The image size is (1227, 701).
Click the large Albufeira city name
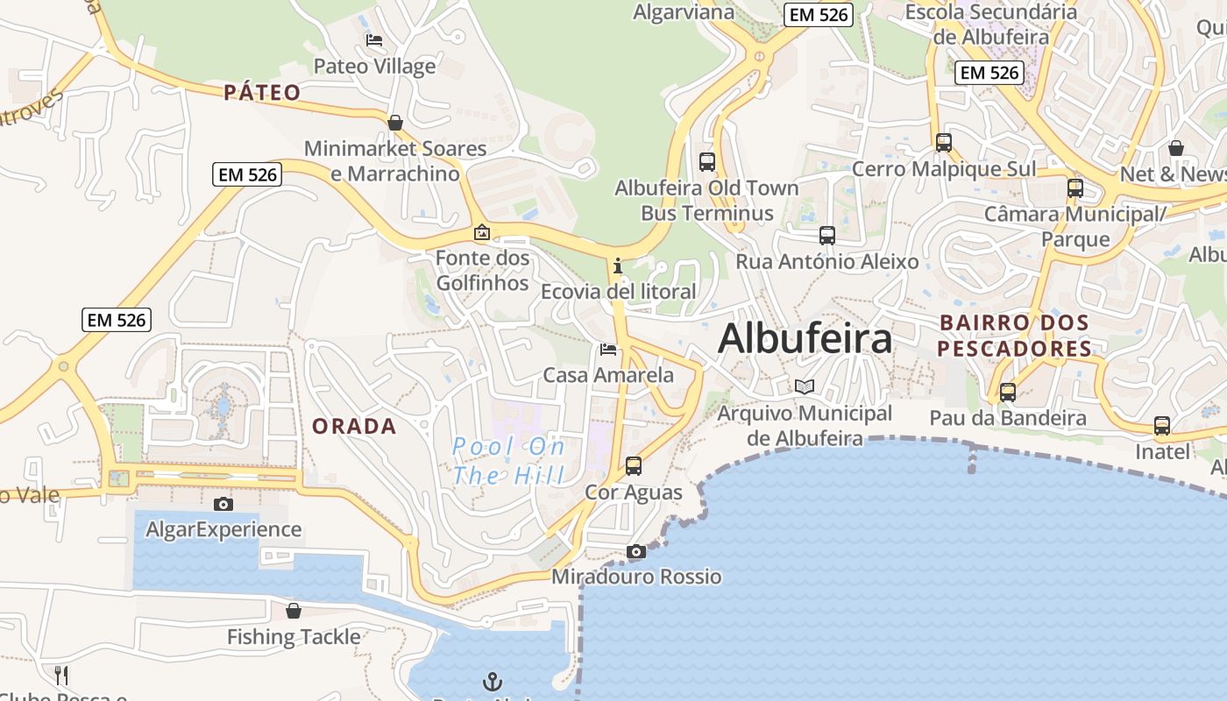tap(805, 339)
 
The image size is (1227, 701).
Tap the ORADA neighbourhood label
tap(354, 427)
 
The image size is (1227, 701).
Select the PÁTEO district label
tap(262, 92)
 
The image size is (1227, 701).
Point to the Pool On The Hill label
tap(508, 461)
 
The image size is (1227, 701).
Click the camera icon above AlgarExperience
tap(223, 504)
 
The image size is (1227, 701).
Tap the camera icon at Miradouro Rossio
tap(636, 551)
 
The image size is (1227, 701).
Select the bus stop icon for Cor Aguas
tap(634, 465)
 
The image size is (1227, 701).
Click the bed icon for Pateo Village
tap(374, 40)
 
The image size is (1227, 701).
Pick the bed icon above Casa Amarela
tap(608, 350)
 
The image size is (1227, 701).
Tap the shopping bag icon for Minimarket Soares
tap(395, 123)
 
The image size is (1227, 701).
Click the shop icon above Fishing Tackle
tap(294, 611)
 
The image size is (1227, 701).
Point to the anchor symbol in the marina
tap(493, 681)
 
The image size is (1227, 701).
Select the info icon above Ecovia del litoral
tap(618, 265)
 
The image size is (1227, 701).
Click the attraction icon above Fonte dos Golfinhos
tap(481, 232)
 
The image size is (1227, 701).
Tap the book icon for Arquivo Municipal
tap(804, 386)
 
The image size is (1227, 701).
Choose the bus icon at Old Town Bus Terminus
tap(707, 161)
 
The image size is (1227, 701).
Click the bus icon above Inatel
tap(1162, 426)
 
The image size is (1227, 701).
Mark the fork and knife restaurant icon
tap(61, 675)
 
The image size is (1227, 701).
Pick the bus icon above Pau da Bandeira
tap(1008, 392)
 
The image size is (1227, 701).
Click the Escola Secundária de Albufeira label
tap(990, 25)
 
